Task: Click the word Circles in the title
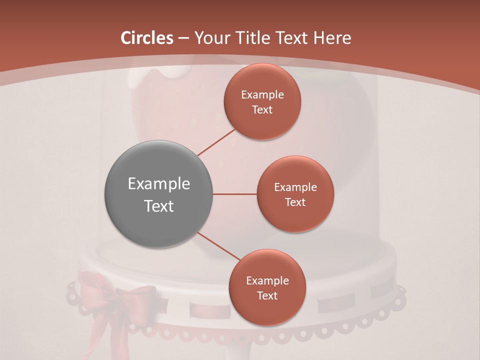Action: pos(146,38)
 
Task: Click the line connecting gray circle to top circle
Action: pos(216,142)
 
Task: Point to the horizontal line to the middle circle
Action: pos(235,194)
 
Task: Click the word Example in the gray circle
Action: pos(159,184)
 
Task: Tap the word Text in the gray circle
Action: pos(159,206)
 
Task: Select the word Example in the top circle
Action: pos(262,94)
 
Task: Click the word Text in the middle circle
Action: pos(295,202)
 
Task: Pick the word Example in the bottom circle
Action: pos(267,280)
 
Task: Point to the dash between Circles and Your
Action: pos(183,38)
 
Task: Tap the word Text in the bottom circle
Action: pos(267,295)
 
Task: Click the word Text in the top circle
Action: pos(262,109)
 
